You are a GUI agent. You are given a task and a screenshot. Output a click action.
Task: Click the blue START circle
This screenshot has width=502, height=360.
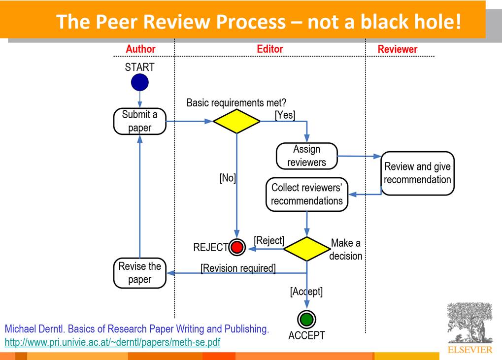pyautogui.click(x=140, y=82)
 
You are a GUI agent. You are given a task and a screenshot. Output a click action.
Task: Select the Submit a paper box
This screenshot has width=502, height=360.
pyautogui.click(x=140, y=121)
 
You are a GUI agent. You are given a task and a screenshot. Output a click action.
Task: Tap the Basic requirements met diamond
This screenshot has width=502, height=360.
pyautogui.click(x=236, y=121)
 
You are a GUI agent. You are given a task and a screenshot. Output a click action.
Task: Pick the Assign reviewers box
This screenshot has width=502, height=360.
pyautogui.click(x=307, y=156)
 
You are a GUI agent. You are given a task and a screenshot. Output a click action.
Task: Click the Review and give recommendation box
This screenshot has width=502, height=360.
pyautogui.click(x=417, y=173)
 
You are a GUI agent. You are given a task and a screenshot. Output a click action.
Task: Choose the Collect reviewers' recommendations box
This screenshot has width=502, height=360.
pyautogui.click(x=307, y=194)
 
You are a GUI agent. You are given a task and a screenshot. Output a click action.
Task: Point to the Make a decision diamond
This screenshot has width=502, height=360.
pyautogui.click(x=307, y=249)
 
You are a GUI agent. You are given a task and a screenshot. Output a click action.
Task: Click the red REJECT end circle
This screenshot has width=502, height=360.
pyautogui.click(x=237, y=247)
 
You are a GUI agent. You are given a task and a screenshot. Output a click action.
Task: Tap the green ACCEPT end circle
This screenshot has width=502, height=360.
pyautogui.click(x=307, y=319)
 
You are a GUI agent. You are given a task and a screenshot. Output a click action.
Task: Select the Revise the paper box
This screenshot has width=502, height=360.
pyautogui.click(x=140, y=273)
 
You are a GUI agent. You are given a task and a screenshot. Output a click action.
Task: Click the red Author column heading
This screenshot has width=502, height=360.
pyautogui.click(x=140, y=49)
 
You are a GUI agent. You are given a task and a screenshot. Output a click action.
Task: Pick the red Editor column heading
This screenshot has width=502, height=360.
pyautogui.click(x=270, y=49)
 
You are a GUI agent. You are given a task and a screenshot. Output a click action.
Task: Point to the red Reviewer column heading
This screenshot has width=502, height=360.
pyautogui.click(x=398, y=49)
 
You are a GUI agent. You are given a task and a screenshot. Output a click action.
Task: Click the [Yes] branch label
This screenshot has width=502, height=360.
pyautogui.click(x=285, y=115)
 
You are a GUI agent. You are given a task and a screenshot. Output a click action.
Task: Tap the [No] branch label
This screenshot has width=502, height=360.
pyautogui.click(x=228, y=178)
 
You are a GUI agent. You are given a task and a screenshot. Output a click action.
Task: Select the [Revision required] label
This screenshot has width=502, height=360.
pyautogui.click(x=238, y=268)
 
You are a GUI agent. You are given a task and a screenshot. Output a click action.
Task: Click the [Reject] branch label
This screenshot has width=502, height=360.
pyautogui.click(x=269, y=240)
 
